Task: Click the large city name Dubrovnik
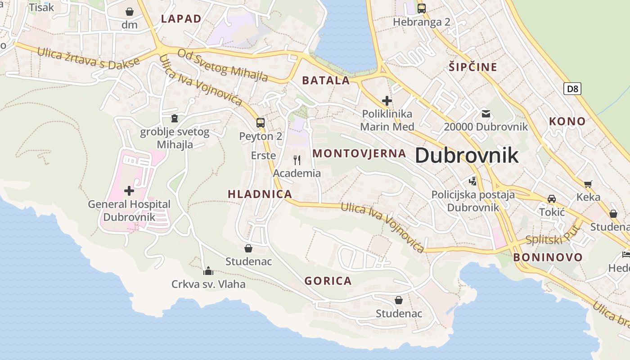pos(467,155)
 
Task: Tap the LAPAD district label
pos(181,18)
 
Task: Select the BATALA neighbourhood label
pos(326,81)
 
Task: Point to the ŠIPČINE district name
pos(473,67)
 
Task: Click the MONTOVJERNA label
pos(360,153)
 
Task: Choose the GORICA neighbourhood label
pos(328,281)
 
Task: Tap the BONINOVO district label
pos(548,257)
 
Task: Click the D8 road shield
pos(572,89)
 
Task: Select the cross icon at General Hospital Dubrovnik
pos(129,191)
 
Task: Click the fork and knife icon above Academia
pos(297,160)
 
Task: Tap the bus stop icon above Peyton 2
pos(260,122)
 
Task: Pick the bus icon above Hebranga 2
pos(421,8)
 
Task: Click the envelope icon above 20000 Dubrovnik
pos(486,113)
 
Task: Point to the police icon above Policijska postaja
pos(472,181)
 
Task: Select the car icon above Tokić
pos(552,198)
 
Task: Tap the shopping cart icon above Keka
pos(588,184)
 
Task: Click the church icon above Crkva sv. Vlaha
pos(208,271)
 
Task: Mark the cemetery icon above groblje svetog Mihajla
pos(175,118)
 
